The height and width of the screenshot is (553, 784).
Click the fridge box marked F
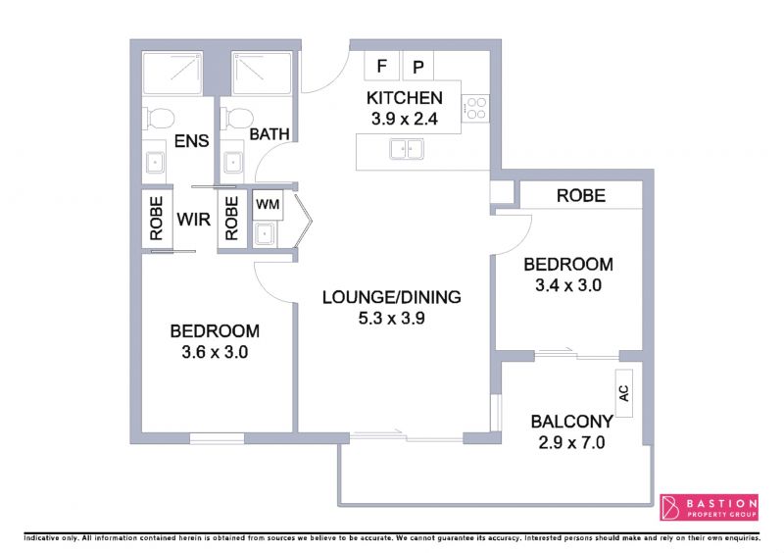pyautogui.click(x=381, y=66)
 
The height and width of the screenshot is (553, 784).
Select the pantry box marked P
pyautogui.click(x=418, y=66)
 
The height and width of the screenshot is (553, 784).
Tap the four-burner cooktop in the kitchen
pyautogui.click(x=475, y=109)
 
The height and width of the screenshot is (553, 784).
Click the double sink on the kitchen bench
pyautogui.click(x=407, y=149)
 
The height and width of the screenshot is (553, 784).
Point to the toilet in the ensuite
pyautogui.click(x=159, y=119)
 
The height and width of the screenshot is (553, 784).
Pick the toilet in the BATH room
pyautogui.click(x=237, y=119)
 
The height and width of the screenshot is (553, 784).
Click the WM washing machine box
pyautogui.click(x=268, y=205)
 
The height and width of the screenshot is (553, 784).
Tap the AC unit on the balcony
pyautogui.click(x=624, y=393)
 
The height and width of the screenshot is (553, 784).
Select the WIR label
pyautogui.click(x=193, y=220)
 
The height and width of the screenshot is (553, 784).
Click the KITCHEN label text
pyautogui.click(x=405, y=98)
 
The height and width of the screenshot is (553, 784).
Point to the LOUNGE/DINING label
pyautogui.click(x=391, y=297)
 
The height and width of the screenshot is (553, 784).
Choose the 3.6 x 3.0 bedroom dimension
pyautogui.click(x=215, y=352)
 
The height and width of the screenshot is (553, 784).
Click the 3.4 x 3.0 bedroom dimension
pyautogui.click(x=568, y=285)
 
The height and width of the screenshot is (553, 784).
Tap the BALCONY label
pyautogui.click(x=572, y=422)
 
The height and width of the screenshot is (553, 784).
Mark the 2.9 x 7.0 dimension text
pyautogui.click(x=572, y=443)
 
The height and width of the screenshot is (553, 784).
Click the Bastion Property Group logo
pyautogui.click(x=709, y=507)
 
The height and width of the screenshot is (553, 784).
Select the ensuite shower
pyautogui.click(x=172, y=74)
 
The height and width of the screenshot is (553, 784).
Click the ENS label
pyautogui.click(x=191, y=140)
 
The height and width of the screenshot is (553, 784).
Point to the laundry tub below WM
pyautogui.click(x=264, y=233)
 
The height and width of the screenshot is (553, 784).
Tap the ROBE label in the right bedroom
pyautogui.click(x=581, y=195)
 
